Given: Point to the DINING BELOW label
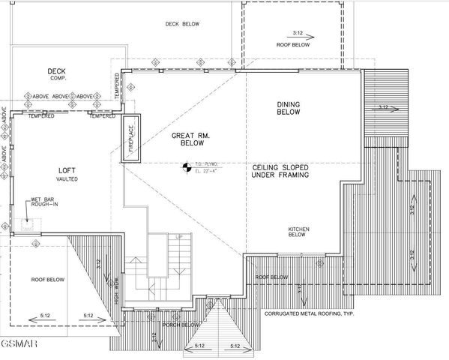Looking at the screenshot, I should coord(289,109).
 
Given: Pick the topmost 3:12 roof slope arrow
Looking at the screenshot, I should coord(298,34).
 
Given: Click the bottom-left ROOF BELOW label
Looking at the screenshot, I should coord(48,279).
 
